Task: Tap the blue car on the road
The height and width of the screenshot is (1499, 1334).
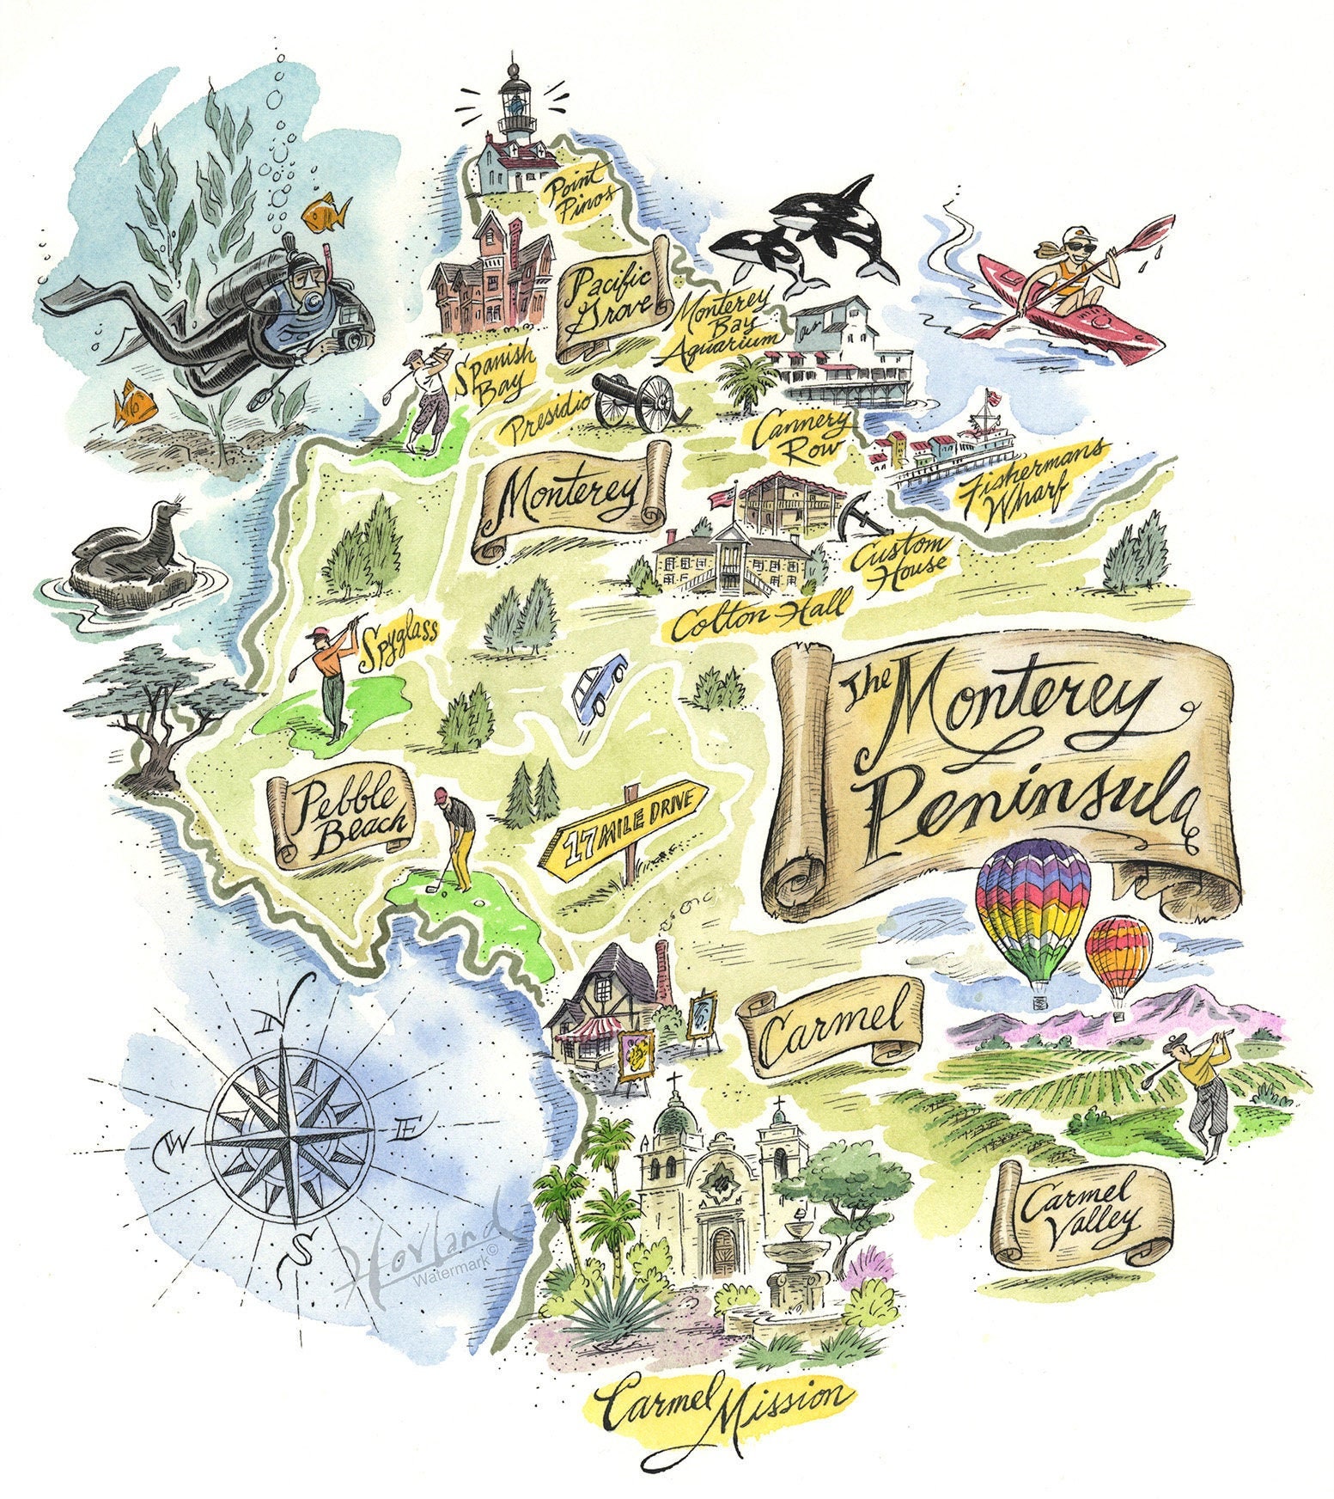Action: click(x=598, y=686)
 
